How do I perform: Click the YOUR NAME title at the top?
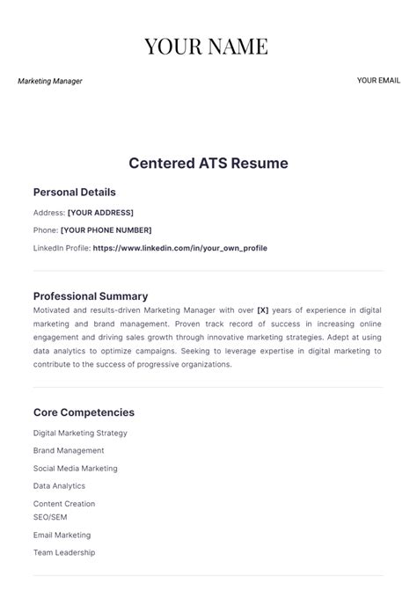tap(208, 46)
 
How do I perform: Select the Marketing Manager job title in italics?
tap(50, 81)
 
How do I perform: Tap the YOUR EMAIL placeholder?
tap(378, 80)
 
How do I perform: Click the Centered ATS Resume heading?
tap(208, 164)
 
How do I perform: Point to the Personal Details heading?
tap(74, 192)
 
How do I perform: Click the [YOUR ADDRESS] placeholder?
tap(100, 213)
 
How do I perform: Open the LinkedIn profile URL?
tap(179, 248)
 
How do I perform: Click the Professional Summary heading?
tap(91, 296)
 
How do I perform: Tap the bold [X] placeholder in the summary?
tap(262, 310)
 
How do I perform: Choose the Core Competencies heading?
tap(84, 412)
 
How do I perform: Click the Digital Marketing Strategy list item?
tap(80, 433)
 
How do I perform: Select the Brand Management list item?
tap(69, 450)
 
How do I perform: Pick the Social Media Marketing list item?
tap(75, 469)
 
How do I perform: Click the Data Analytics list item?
tap(59, 485)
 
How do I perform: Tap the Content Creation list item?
tap(64, 504)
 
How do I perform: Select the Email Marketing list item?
tap(62, 535)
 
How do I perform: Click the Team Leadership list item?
tap(64, 552)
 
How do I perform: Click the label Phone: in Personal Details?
tap(46, 230)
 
